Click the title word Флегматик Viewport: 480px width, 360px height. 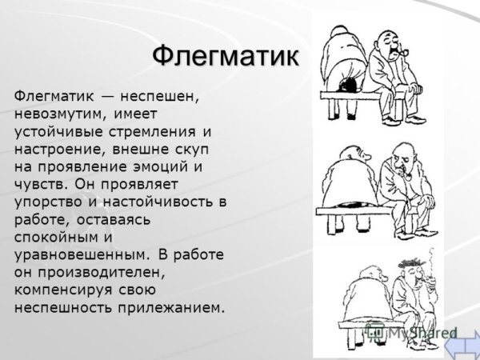click(225, 56)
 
